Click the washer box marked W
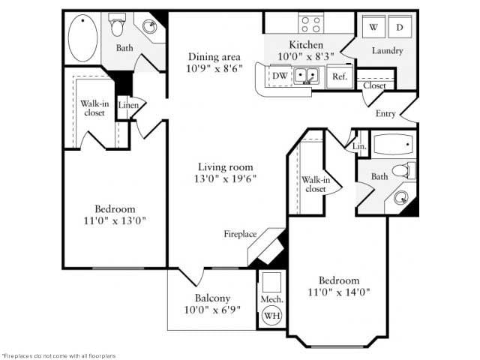point(373,27)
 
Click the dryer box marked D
point(399,27)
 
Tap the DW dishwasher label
point(280,76)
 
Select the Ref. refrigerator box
point(339,76)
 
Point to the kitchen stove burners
point(311,23)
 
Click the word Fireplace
point(240,234)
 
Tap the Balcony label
point(211,297)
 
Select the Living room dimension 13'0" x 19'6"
point(225,179)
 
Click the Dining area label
point(214,55)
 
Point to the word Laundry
point(387,51)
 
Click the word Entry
point(385,114)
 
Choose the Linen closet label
point(127,105)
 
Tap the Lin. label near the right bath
point(359,146)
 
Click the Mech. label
point(270,299)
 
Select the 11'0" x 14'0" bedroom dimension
point(339,292)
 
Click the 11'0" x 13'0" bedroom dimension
point(115,220)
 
